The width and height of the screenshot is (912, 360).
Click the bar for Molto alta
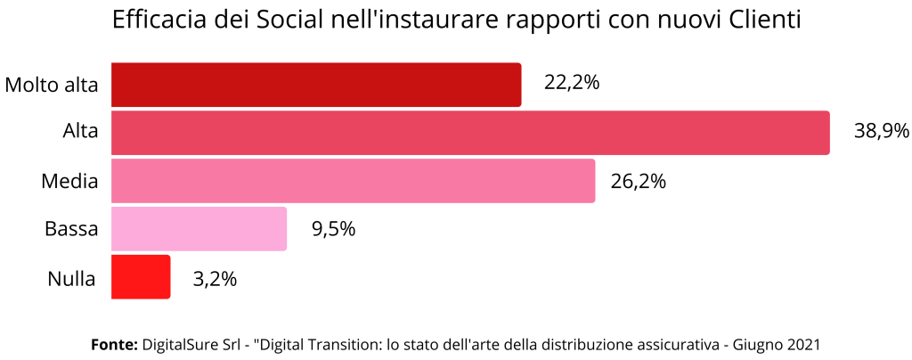point(316,85)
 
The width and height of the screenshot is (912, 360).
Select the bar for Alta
point(470,133)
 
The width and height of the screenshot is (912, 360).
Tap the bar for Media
point(353,181)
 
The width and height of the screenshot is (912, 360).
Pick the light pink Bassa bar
point(199,229)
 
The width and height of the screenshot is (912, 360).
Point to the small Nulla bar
point(141,277)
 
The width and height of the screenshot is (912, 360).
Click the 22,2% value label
point(572,84)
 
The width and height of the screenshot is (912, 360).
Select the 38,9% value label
point(881,132)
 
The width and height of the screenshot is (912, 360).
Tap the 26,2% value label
point(639,181)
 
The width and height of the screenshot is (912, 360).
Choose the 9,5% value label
point(333,229)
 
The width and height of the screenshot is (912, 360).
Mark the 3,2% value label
point(215,278)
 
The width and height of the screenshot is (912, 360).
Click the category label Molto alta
point(52,86)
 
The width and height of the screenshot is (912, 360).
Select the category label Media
point(69,182)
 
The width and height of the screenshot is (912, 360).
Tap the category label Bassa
point(71,230)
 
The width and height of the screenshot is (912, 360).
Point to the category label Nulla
point(71,278)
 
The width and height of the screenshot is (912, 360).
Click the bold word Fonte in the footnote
point(114,344)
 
